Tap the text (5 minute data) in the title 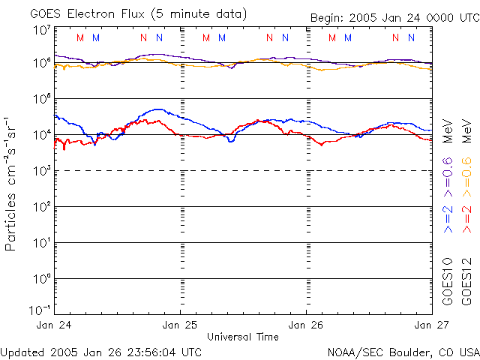[199, 13]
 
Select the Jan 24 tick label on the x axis [54, 325]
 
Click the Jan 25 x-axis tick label [181, 325]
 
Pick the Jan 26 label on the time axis [307, 325]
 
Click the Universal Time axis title [242, 337]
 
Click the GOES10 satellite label [447, 282]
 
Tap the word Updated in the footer [23, 351]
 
